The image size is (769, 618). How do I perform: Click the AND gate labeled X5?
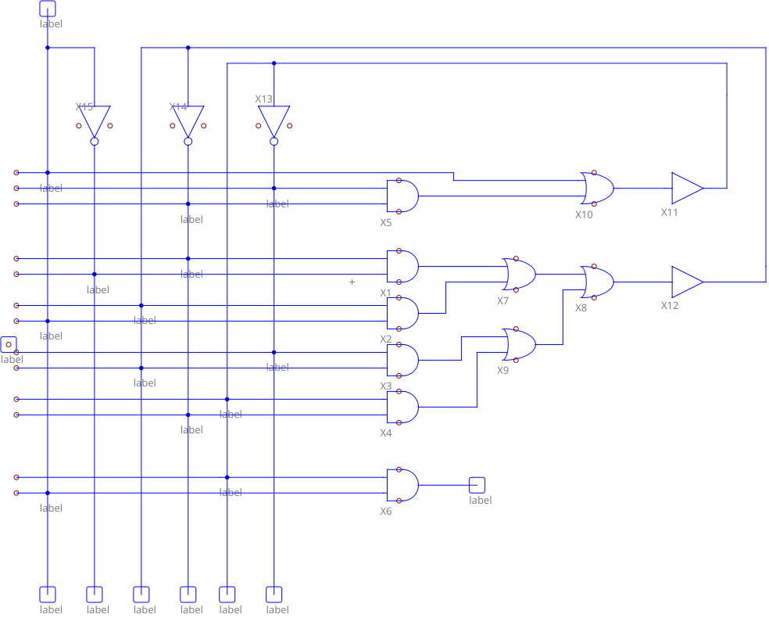pyautogui.click(x=402, y=196)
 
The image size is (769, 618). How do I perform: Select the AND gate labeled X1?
pyautogui.click(x=402, y=266)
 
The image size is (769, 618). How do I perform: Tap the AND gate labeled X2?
pyautogui.click(x=402, y=313)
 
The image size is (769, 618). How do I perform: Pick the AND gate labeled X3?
pyautogui.click(x=402, y=360)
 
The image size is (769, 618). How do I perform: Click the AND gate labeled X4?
pyautogui.click(x=402, y=407)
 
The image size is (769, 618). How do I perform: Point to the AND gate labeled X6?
pyautogui.click(x=402, y=485)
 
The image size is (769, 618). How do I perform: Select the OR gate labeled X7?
pyautogui.click(x=520, y=274)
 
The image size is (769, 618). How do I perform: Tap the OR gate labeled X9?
pyautogui.click(x=520, y=344)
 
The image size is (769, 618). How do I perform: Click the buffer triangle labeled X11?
pyautogui.click(x=686, y=188)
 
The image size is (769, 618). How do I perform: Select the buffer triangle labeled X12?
pyautogui.click(x=686, y=282)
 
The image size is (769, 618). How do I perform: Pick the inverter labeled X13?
pyautogui.click(x=274, y=121)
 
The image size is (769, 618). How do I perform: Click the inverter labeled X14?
pyautogui.click(x=188, y=121)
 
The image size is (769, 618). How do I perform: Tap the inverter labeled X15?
pyautogui.click(x=94, y=121)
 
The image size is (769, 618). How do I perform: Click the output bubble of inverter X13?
pyautogui.click(x=274, y=142)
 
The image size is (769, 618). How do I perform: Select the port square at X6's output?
pyautogui.click(x=477, y=485)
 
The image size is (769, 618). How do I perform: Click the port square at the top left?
pyautogui.click(x=47, y=8)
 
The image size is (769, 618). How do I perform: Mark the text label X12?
pyautogui.click(x=670, y=305)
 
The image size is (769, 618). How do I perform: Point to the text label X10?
pyautogui.click(x=584, y=214)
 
